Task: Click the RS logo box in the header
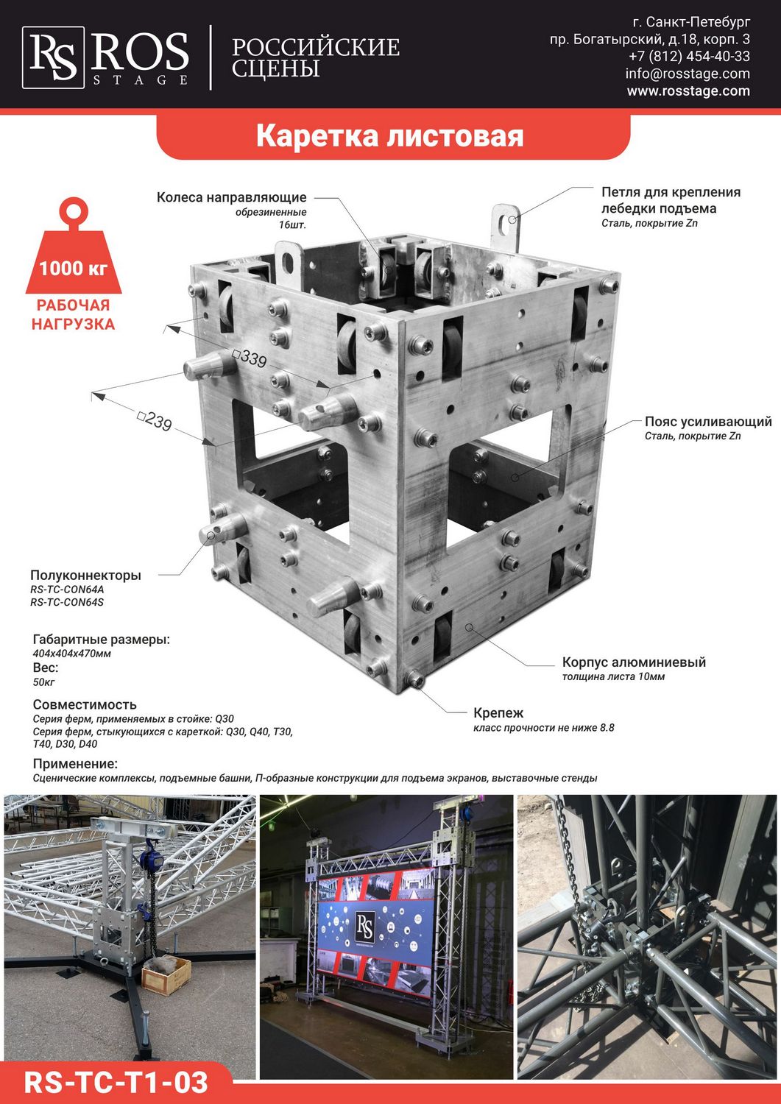point(53,57)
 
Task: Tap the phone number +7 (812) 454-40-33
point(689,56)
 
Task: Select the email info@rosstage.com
point(688,74)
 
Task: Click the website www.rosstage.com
point(688,91)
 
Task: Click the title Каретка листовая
point(389,135)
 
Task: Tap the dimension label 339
point(250,358)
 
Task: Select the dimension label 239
point(155,421)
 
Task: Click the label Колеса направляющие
point(231,197)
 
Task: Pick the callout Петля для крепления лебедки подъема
point(671,199)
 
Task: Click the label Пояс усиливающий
point(708,422)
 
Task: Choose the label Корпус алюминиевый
point(634,662)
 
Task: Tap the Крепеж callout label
point(498,712)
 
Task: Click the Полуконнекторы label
point(86,575)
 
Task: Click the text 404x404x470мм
point(72,654)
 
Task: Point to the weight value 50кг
point(44,682)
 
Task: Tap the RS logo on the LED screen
point(365,926)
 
